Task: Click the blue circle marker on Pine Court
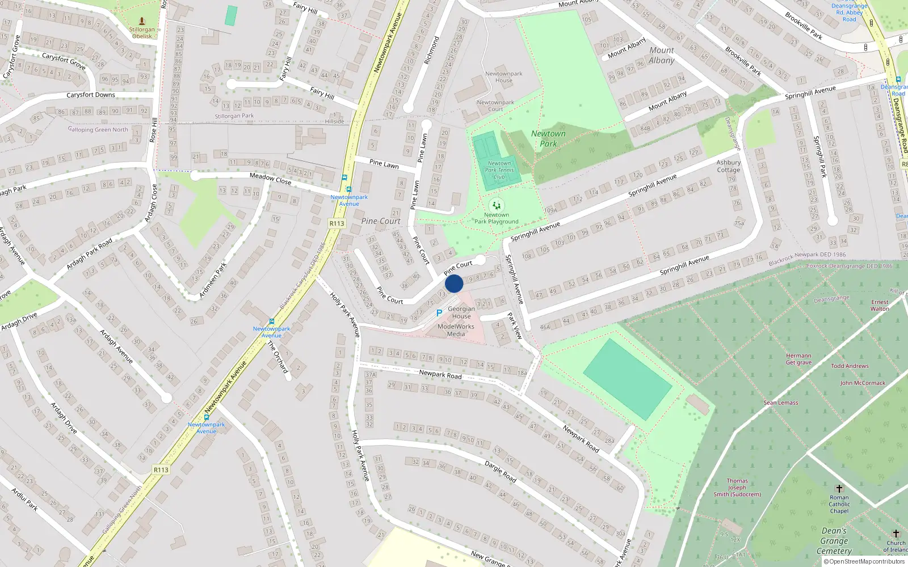coord(454,283)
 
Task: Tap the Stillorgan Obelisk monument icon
coord(142,21)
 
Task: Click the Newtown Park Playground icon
coord(497,205)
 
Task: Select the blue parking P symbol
coord(439,313)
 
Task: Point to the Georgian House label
coord(461,312)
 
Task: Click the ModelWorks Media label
coord(456,330)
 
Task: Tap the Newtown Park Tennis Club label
coord(499,170)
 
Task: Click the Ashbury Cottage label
coord(728,166)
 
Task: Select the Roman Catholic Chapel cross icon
coord(839,488)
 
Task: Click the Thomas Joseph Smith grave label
coord(737,488)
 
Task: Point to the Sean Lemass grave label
coord(780,403)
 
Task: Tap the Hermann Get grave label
coord(798,359)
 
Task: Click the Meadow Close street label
coord(271,179)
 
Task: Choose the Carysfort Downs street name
coord(91,95)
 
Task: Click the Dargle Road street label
coord(501,472)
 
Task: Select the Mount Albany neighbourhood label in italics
coord(662,55)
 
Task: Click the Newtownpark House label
coord(504,77)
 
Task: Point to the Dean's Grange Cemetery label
coord(834,541)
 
